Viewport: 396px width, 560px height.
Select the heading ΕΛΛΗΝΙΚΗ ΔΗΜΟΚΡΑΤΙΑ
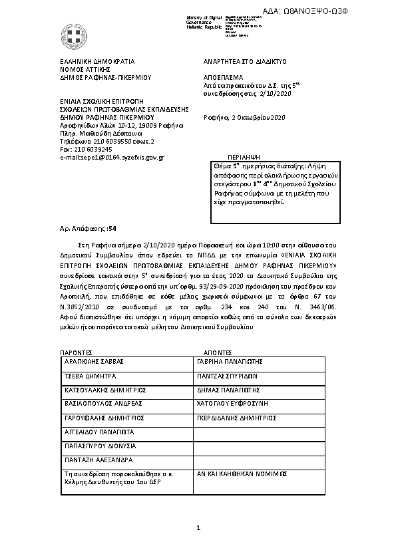[97, 61]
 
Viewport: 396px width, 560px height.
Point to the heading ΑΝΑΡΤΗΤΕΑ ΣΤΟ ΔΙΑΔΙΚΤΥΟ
[244, 61]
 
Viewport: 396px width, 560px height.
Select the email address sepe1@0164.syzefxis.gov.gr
[112, 157]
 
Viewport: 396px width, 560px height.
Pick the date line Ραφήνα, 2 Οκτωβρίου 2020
[244, 118]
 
